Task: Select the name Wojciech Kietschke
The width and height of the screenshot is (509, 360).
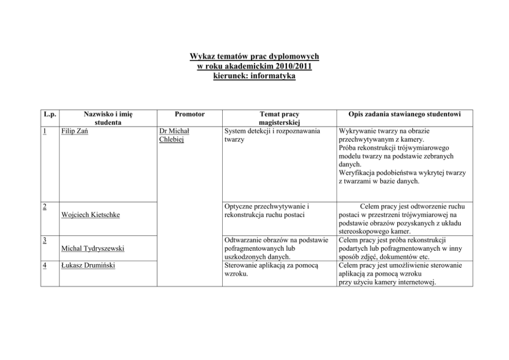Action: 90,215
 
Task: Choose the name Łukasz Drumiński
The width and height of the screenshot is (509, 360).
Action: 88,265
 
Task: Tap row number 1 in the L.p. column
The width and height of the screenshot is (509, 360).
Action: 45,131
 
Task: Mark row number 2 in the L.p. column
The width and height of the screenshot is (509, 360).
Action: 45,206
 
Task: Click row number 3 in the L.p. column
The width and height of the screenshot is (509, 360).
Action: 45,239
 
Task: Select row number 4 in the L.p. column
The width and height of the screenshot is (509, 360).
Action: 45,265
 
